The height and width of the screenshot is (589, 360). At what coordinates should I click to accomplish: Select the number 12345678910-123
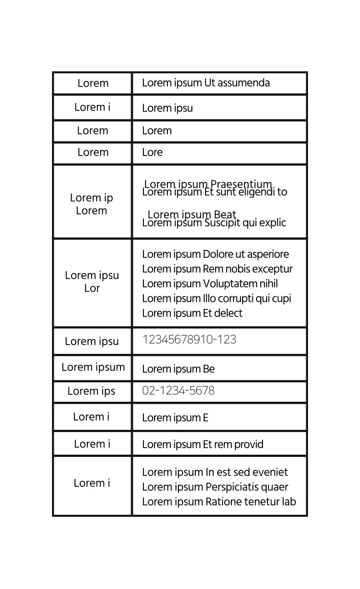coord(189,340)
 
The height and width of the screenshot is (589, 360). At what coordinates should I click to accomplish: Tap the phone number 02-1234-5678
coord(178,391)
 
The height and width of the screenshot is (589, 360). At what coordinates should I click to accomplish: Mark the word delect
coord(228,313)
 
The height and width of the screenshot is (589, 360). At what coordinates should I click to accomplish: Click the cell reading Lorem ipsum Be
coord(178,369)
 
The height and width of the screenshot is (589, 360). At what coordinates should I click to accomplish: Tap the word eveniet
coord(269,473)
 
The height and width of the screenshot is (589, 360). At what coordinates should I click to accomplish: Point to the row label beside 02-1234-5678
coord(91,391)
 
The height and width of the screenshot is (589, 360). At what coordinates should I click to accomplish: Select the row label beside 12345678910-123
coord(91,341)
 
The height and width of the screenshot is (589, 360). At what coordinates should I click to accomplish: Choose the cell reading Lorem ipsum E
coord(175,418)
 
